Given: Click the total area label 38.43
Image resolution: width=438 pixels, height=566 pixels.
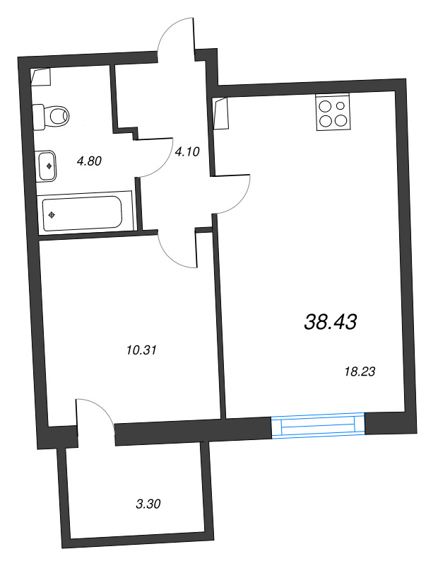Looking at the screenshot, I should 330,323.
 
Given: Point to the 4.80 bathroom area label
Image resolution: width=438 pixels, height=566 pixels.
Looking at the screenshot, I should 90,161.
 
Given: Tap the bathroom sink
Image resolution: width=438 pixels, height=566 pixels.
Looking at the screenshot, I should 48,166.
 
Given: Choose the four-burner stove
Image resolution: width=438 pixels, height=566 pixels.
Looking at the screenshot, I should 332,112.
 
